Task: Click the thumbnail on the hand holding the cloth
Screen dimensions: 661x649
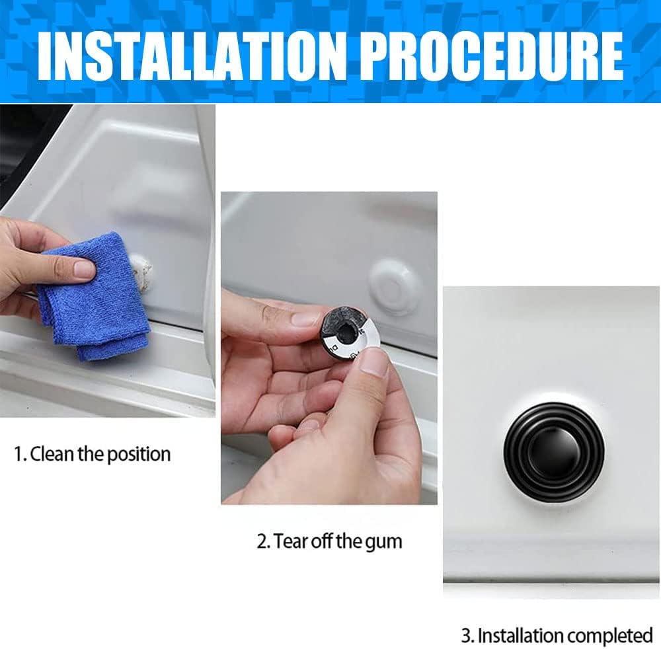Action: click(84, 269)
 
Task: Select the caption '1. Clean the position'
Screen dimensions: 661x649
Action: click(93, 454)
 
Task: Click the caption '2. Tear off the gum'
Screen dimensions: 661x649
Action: click(329, 541)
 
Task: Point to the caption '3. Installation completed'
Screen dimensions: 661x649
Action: click(557, 634)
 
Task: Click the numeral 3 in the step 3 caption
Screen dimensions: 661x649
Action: click(465, 634)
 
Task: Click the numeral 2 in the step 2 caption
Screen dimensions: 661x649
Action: click(261, 541)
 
